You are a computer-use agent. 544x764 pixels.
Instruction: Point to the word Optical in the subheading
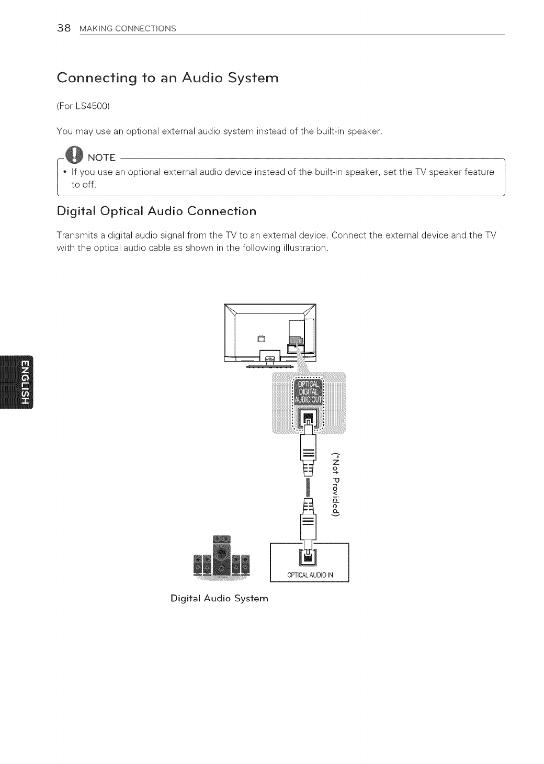pos(119,211)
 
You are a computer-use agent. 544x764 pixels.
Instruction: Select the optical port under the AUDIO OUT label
pos(308,418)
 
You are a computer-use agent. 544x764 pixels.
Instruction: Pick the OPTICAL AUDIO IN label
pos(309,576)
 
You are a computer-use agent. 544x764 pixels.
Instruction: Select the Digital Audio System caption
pos(219,598)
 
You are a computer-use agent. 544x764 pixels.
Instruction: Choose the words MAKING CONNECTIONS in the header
pos(128,28)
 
